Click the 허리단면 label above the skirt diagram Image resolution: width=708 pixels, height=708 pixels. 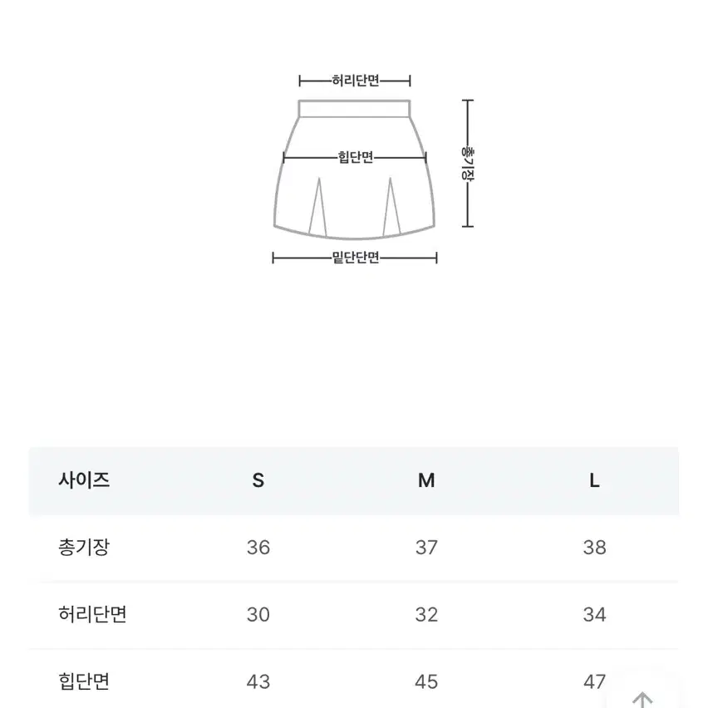[x=356, y=81]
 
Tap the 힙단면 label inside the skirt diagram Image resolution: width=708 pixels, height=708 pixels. [x=356, y=157]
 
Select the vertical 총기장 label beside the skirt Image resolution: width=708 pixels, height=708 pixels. [x=467, y=163]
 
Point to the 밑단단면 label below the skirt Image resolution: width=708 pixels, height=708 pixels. [x=356, y=258]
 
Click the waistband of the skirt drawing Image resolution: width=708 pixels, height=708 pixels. [x=355, y=109]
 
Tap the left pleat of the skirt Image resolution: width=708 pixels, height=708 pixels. [x=318, y=207]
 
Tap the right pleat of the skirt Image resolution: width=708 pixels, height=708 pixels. [x=391, y=207]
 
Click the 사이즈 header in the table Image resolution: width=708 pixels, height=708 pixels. [x=84, y=479]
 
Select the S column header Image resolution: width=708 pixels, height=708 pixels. [x=258, y=480]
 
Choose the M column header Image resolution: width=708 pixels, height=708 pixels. [x=426, y=480]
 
